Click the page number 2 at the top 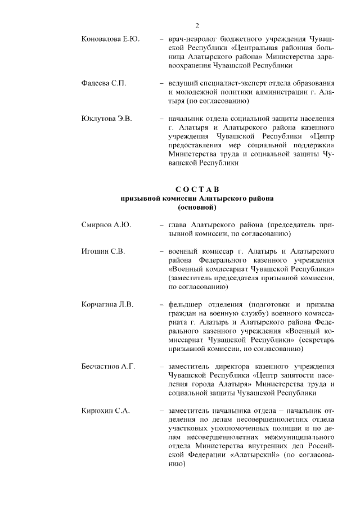point(197,25)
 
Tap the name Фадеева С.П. point(103,83)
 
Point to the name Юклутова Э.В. point(106,119)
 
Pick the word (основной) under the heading point(197,208)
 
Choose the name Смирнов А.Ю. point(106,224)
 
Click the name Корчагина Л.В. point(107,305)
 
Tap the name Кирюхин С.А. point(106,411)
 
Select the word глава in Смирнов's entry point(179,224)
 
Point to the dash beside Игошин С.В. point(162,251)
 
